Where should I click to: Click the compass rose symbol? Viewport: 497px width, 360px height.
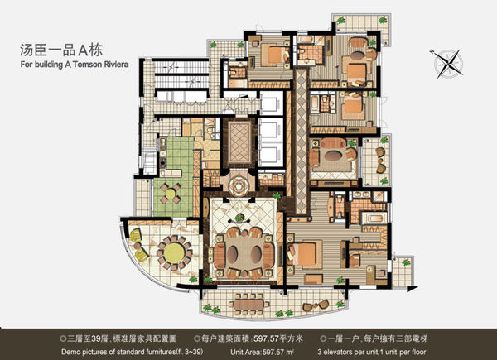click(446, 64)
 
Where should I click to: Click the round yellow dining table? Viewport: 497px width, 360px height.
click(174, 252)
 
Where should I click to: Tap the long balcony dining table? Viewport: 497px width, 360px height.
click(248, 305)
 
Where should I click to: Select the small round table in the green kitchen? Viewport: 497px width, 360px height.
click(170, 193)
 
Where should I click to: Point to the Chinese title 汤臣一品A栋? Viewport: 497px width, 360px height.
click(61, 50)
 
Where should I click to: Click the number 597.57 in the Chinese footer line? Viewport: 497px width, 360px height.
click(266, 338)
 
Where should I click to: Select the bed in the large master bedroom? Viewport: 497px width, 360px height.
click(304, 254)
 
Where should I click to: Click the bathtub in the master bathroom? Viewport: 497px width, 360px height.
click(374, 218)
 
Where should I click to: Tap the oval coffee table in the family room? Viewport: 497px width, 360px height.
click(333, 156)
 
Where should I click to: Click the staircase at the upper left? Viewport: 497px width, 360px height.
click(181, 74)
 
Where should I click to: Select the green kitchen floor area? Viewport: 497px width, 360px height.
click(175, 176)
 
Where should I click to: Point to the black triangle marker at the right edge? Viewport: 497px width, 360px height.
click(412, 289)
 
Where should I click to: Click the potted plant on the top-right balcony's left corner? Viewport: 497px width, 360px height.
click(341, 21)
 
